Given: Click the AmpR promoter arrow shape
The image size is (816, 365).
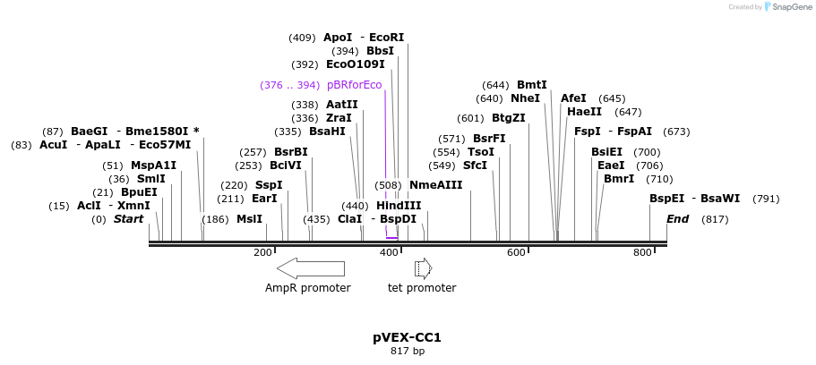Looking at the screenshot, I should [310, 268].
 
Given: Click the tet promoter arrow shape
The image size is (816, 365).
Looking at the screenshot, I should [423, 268].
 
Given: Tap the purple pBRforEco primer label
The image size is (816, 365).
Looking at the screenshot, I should [355, 85].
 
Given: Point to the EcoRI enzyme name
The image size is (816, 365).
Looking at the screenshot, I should [387, 38].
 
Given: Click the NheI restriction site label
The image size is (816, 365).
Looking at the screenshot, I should [526, 98].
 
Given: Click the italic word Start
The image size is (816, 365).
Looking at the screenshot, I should [128, 219].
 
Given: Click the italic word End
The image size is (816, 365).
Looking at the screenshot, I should [678, 219].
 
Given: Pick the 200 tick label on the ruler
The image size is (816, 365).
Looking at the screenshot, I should [262, 253].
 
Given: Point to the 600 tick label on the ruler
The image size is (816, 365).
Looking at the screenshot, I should [516, 253].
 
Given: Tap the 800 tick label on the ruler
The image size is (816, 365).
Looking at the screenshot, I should [642, 253].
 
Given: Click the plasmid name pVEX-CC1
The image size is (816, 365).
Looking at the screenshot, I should [408, 338].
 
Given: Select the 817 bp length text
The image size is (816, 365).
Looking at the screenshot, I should [408, 352].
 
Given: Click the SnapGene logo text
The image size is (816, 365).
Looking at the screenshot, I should [788, 7].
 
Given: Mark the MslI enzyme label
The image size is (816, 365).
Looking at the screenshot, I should [249, 219].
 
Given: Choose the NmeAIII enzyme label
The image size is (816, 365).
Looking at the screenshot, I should [436, 185].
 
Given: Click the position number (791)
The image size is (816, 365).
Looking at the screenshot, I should [766, 199].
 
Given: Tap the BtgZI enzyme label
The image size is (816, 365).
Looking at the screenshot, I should [509, 118].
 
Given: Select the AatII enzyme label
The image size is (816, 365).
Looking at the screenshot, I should [342, 105].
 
